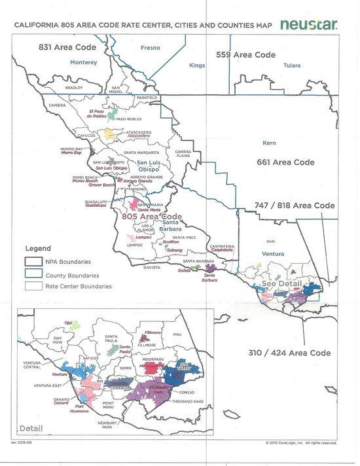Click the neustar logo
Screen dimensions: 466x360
[x=309, y=25]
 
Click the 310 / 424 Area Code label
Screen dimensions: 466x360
[x=287, y=353]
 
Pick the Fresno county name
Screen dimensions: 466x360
[x=151, y=48]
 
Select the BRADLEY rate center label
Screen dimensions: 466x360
[x=75, y=88]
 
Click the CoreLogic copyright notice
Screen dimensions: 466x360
[x=302, y=442]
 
